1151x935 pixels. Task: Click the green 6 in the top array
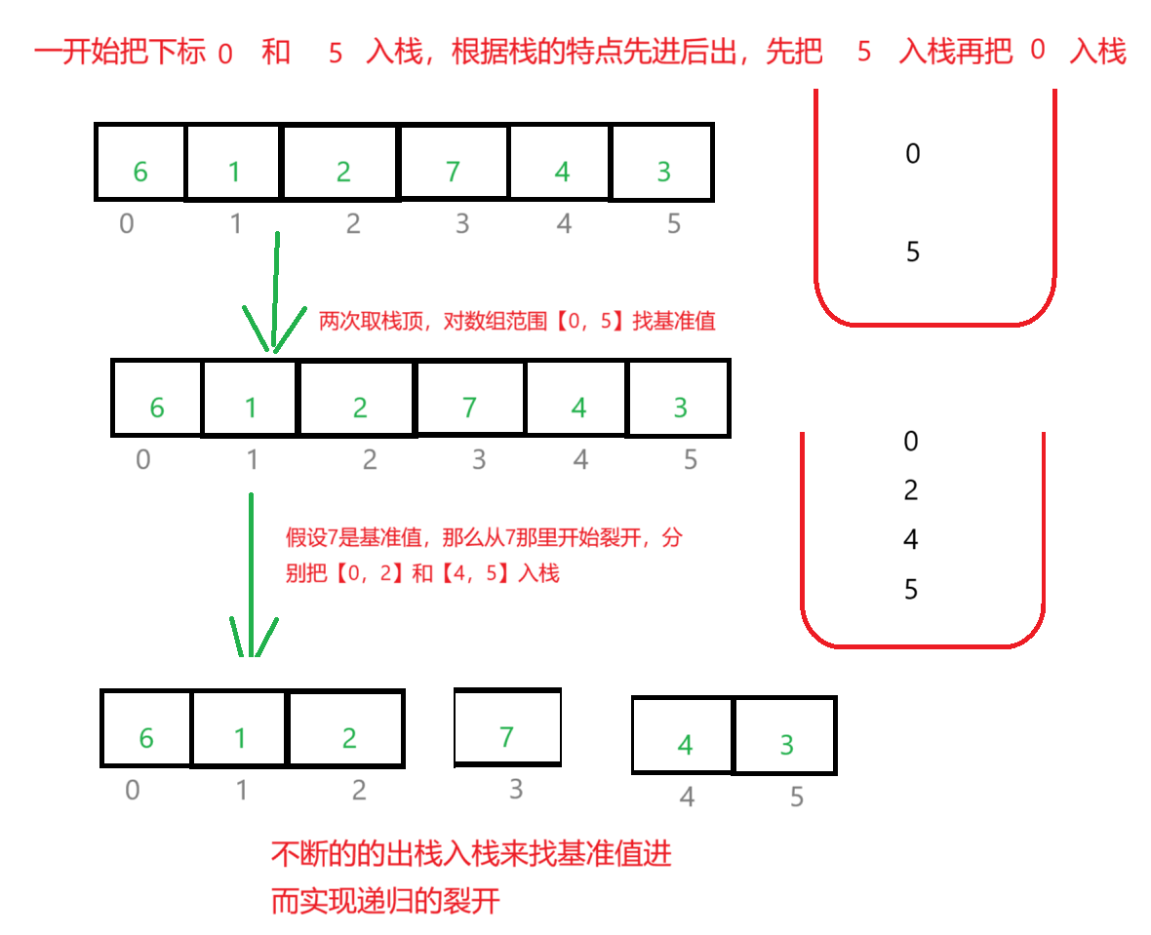[x=140, y=173]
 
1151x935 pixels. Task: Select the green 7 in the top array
[x=453, y=173]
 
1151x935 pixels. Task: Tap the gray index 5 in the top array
[x=673, y=224]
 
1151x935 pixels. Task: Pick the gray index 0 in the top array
[x=127, y=224]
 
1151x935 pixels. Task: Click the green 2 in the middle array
[x=360, y=408]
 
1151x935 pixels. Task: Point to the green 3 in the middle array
[x=681, y=408]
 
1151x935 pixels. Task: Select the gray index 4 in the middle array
[x=581, y=459]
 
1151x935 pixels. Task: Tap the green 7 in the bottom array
[x=506, y=738]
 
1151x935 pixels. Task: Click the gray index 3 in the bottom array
[x=516, y=790]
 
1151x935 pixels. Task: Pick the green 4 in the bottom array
[x=686, y=746]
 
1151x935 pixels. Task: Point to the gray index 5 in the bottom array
[x=797, y=798]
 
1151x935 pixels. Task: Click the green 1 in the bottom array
[x=240, y=739]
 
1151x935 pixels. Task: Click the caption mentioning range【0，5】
[x=517, y=322]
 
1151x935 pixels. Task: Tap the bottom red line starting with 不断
[x=471, y=855]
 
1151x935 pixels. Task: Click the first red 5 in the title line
[x=336, y=54]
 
